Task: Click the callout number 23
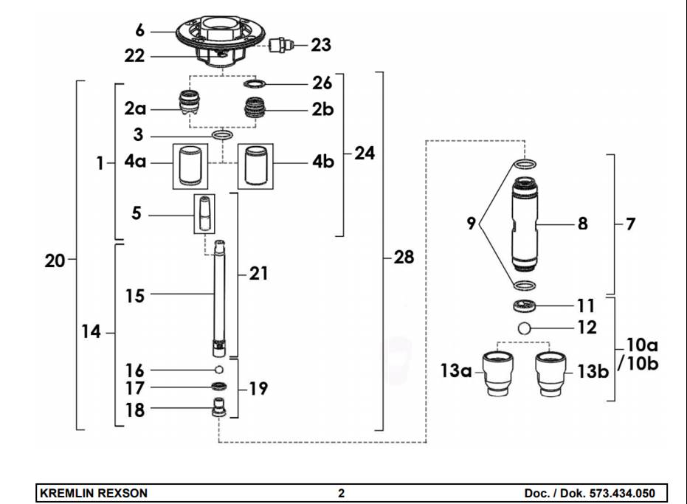point(320,45)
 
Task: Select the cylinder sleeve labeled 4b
point(255,165)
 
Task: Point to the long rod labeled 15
point(220,295)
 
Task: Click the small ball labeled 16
point(219,370)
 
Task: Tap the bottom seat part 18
point(219,408)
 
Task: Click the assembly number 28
point(403,258)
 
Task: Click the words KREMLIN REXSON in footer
point(93,493)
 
